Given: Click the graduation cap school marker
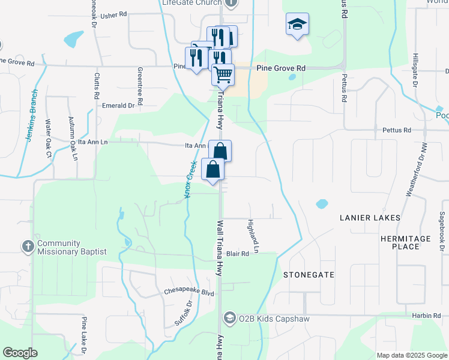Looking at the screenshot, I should [297, 25].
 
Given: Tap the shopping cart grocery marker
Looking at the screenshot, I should [223, 75].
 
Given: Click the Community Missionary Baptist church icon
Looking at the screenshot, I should [27, 247].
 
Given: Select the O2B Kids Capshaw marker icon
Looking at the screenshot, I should [228, 318].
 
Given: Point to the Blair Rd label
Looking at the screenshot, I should [237, 254].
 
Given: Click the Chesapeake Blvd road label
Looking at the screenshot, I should [189, 292].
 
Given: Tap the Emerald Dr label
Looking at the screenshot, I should [118, 105].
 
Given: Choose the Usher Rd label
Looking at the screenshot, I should [114, 14].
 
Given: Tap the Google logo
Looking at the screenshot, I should [20, 353].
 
